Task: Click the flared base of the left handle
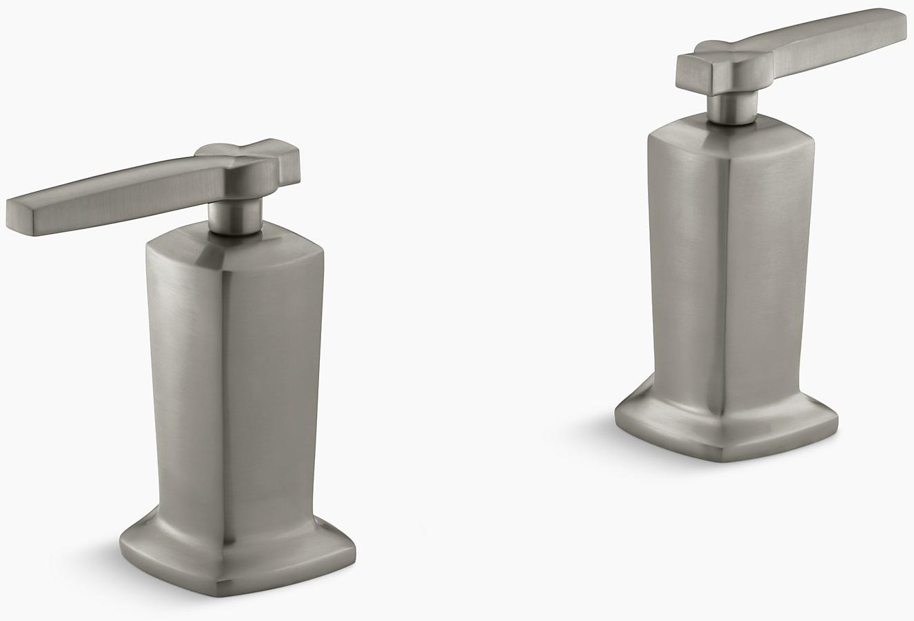234,552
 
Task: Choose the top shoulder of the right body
731,138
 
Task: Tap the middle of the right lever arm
827,34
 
